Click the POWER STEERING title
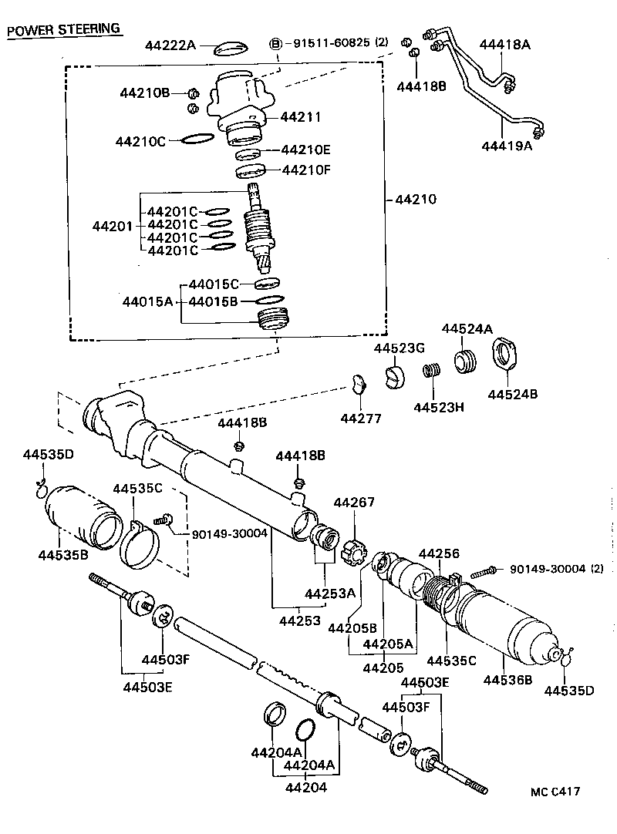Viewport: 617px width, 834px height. (63, 29)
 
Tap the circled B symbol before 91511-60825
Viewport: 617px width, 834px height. (276, 43)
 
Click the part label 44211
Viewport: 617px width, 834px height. (300, 117)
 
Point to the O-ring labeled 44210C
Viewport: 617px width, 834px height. (197, 140)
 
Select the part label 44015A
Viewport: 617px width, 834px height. (147, 301)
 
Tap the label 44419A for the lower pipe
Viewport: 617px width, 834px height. (507, 146)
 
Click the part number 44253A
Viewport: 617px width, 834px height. (329, 594)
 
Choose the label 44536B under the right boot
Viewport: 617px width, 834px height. (508, 679)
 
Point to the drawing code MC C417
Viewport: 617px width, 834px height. (555, 792)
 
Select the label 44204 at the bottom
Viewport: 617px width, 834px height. (306, 787)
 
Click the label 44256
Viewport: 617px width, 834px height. (439, 554)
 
